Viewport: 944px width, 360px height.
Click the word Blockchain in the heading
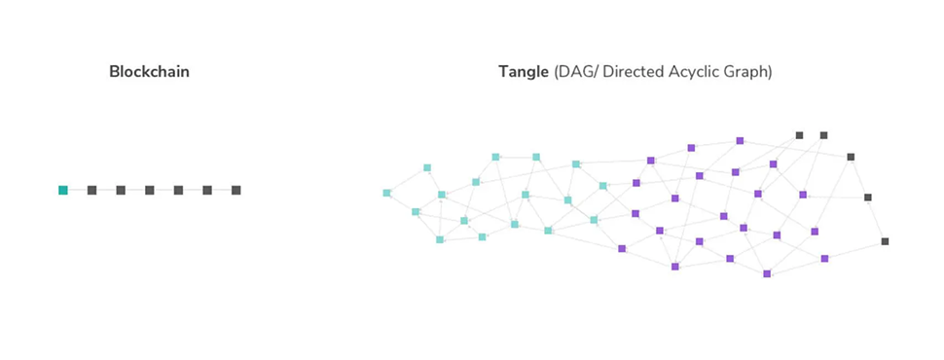pyautogui.click(x=149, y=72)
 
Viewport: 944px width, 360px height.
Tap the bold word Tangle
pyautogui.click(x=524, y=72)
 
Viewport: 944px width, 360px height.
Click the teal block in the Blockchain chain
pyautogui.click(x=63, y=191)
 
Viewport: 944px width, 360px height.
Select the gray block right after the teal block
pyautogui.click(x=92, y=191)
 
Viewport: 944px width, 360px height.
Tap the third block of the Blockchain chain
pyautogui.click(x=121, y=191)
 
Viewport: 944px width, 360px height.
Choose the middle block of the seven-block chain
pyautogui.click(x=150, y=191)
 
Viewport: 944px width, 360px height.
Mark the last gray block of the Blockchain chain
pyautogui.click(x=236, y=191)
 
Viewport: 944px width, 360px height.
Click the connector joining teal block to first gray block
pyautogui.click(x=78, y=191)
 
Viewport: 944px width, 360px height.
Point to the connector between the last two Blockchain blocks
pyautogui.click(x=222, y=191)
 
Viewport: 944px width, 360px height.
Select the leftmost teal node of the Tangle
pyautogui.click(x=386, y=194)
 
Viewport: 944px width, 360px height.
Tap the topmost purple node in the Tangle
pyautogui.click(x=740, y=141)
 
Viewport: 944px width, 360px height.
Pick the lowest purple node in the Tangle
pyautogui.click(x=767, y=274)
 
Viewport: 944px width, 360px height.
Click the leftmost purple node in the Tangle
pyautogui.click(x=622, y=249)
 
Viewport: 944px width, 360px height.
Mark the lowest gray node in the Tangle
pyautogui.click(x=885, y=241)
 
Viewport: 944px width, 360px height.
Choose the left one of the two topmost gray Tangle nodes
pyautogui.click(x=800, y=135)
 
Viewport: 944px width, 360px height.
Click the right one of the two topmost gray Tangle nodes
pyautogui.click(x=823, y=135)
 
